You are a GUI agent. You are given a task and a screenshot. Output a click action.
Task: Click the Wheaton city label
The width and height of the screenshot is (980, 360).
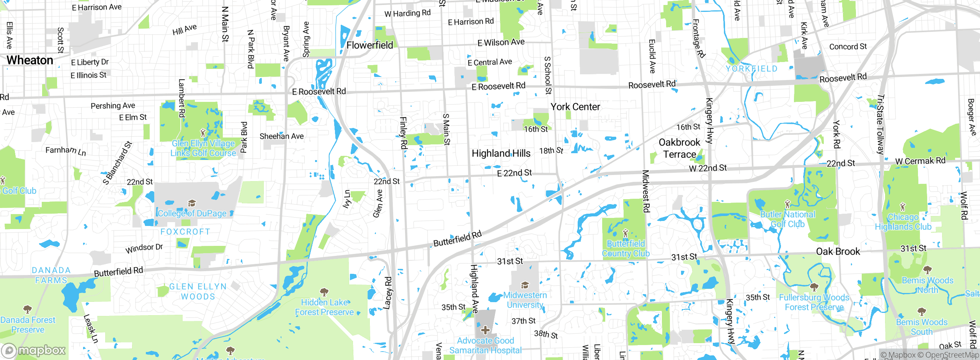30,60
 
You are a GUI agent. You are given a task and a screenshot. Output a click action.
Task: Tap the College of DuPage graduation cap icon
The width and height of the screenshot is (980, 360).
192,203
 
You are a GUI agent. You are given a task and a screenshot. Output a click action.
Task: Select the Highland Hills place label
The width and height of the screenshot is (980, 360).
501,153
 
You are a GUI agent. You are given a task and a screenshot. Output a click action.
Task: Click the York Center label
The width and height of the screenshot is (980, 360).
575,107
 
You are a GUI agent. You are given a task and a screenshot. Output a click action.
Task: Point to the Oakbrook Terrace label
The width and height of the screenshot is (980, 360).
679,148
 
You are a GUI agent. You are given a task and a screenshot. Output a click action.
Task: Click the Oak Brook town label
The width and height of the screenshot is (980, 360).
838,251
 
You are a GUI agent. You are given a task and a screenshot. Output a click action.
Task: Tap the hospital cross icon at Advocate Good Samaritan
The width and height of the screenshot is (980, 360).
485,330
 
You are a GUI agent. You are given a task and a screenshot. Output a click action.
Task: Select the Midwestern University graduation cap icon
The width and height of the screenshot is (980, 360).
525,285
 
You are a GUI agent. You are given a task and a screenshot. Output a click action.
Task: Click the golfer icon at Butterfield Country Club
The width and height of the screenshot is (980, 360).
626,233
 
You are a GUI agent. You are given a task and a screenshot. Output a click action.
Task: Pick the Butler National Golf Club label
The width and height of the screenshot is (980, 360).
787,219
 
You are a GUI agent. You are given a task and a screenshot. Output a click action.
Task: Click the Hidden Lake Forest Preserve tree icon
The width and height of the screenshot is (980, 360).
324,292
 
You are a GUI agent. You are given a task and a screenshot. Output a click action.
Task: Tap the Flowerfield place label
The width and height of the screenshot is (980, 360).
369,45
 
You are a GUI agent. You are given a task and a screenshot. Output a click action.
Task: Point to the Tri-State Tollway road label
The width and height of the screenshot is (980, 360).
880,124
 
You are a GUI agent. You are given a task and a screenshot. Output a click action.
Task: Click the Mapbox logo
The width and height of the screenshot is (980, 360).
34,350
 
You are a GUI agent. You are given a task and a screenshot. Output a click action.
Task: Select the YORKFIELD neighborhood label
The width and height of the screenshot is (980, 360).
751,69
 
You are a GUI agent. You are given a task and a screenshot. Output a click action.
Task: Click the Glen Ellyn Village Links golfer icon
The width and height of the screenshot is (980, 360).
203,133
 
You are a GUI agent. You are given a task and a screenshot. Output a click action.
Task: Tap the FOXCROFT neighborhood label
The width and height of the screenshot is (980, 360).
185,231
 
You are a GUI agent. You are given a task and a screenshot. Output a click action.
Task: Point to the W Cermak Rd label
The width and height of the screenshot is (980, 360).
920,161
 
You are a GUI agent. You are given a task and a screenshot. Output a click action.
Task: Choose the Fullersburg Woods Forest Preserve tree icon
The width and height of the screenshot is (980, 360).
814,287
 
